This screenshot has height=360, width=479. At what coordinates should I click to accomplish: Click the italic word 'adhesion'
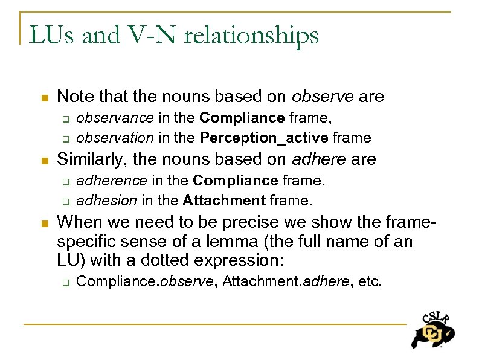[100, 200]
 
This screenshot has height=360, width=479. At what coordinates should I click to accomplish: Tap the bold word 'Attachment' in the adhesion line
[224, 200]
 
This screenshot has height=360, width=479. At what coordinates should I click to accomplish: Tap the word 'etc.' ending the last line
[370, 281]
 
